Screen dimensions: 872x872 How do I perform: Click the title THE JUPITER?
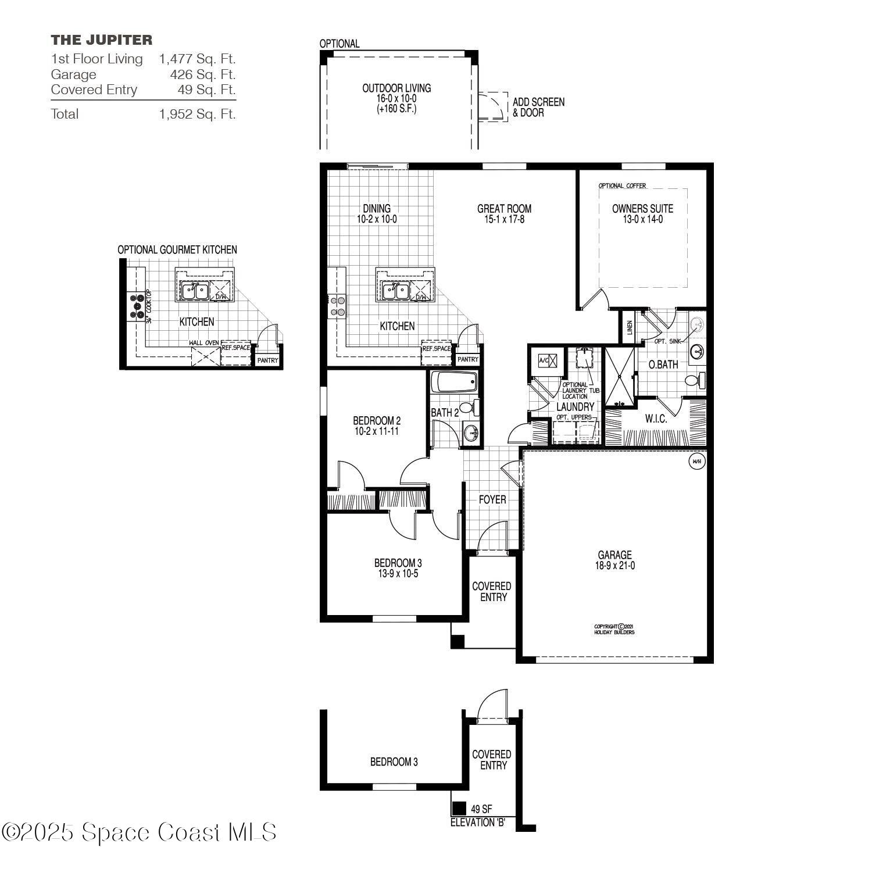coord(102,40)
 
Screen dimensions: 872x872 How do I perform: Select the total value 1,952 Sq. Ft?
coord(197,114)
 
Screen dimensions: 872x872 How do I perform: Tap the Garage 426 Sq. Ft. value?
coord(202,74)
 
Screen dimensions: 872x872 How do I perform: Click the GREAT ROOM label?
coord(504,209)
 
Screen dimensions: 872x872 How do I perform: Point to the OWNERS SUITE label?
coord(642,209)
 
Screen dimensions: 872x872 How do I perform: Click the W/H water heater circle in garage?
coord(696,462)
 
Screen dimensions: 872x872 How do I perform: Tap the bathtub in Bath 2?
coord(454,383)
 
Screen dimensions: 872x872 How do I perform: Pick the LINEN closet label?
coord(629,328)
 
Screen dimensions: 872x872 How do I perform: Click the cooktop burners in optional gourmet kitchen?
coord(138,305)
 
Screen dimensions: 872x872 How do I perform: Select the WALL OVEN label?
coord(203,343)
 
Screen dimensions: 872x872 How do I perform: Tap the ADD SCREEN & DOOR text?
coord(538,108)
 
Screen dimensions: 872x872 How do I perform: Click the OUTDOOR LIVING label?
coord(396,88)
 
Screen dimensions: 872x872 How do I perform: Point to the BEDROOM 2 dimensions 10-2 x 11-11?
coord(377,432)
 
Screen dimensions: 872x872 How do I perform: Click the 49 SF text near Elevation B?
coord(481,809)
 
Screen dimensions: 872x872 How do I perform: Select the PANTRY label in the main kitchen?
coord(467,360)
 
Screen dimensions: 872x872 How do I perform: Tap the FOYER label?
coord(492,499)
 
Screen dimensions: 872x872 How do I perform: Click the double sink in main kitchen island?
coord(395,290)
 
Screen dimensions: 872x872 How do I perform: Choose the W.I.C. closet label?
coord(656,419)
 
